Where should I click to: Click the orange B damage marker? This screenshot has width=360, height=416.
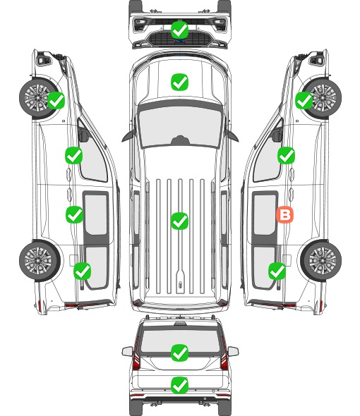(x=284, y=215)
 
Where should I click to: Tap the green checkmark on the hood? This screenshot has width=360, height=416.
(x=179, y=82)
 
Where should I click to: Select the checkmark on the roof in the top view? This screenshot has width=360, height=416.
(x=179, y=221)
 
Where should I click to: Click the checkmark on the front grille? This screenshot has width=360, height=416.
(x=179, y=30)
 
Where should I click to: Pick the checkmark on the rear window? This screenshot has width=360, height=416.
(x=179, y=353)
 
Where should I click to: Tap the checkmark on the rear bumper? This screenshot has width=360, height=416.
(x=179, y=385)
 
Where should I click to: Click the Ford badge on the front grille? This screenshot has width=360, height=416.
(x=179, y=41)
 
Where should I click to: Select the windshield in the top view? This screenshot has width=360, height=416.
(x=180, y=127)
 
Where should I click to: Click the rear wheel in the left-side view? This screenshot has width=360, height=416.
(x=40, y=260)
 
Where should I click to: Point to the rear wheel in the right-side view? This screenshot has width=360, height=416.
(x=321, y=260)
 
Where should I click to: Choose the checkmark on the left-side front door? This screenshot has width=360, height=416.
(x=73, y=155)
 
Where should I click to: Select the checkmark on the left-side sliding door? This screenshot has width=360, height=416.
(x=74, y=214)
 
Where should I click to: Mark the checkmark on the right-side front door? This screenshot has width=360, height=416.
(x=286, y=155)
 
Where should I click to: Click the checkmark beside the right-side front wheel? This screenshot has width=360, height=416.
(x=304, y=101)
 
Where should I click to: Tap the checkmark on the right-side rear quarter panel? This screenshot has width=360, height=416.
(x=277, y=271)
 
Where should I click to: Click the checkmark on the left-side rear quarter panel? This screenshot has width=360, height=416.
(x=83, y=271)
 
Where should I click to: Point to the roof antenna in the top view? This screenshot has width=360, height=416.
(x=180, y=285)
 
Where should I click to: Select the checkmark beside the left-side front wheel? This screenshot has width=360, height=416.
(x=56, y=101)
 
